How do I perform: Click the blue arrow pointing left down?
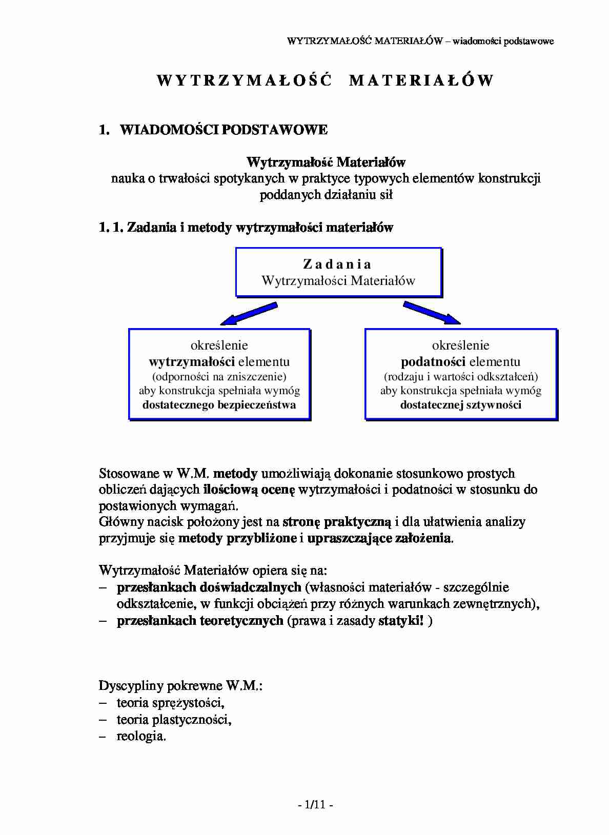pyautogui.click(x=249, y=314)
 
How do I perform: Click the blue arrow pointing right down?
pyautogui.click(x=432, y=313)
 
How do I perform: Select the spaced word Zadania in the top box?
pyautogui.click(x=337, y=264)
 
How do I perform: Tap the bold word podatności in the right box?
pyautogui.click(x=433, y=362)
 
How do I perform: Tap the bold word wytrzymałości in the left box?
pyautogui.click(x=192, y=362)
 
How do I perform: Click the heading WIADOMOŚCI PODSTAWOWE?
pyautogui.click(x=224, y=130)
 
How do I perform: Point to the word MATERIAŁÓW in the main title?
pyautogui.click(x=421, y=80)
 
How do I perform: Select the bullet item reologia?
pyautogui.click(x=141, y=737)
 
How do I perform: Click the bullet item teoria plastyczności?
pyautogui.click(x=174, y=720)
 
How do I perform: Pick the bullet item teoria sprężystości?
pyautogui.click(x=170, y=703)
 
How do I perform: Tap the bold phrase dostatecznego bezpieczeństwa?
pyautogui.click(x=219, y=405)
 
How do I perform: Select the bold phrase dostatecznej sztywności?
pyautogui.click(x=460, y=405)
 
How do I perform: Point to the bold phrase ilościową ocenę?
pyautogui.click(x=249, y=490)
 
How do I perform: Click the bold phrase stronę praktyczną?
pyautogui.click(x=336, y=522)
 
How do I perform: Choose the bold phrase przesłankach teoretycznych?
pyautogui.click(x=200, y=621)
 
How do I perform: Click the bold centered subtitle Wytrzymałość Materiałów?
pyautogui.click(x=326, y=162)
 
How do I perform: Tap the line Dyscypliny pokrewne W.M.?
pyautogui.click(x=180, y=686)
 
